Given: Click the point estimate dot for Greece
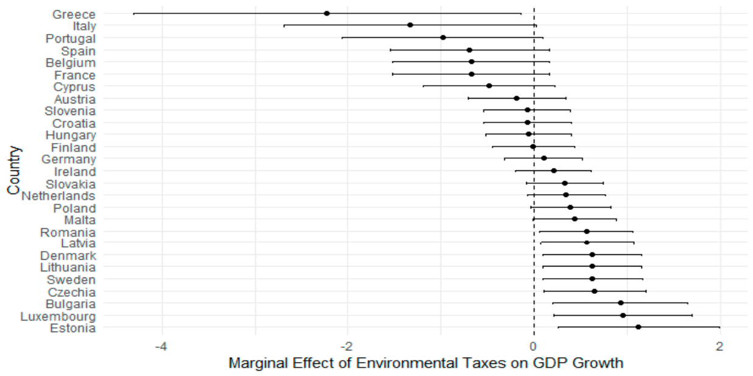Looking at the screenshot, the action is pos(327,13).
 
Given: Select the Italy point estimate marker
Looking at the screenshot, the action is pos(410,25).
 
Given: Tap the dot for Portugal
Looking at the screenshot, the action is pos(443,38).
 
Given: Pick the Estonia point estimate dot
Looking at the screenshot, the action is pos(638,327).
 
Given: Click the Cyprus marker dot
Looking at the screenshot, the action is pos(489,86).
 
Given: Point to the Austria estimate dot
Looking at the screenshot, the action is pos(517,99).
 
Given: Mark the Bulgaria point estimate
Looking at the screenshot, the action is pos(621,303).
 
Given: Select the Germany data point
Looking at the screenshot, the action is pos(544,158).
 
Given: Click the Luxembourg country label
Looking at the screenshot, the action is pos(58,316).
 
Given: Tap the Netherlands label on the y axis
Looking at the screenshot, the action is pos(58,196).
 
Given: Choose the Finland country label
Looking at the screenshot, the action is pos(74,148).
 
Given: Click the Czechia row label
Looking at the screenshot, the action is pos(72,293).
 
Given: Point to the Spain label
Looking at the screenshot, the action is pos(79,52).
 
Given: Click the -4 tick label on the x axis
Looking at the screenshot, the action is pos(161,346).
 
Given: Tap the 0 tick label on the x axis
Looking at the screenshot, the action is pos(534,346).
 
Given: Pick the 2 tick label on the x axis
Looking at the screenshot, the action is pos(719,346).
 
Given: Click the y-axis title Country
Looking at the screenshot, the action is pos(14,170).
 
